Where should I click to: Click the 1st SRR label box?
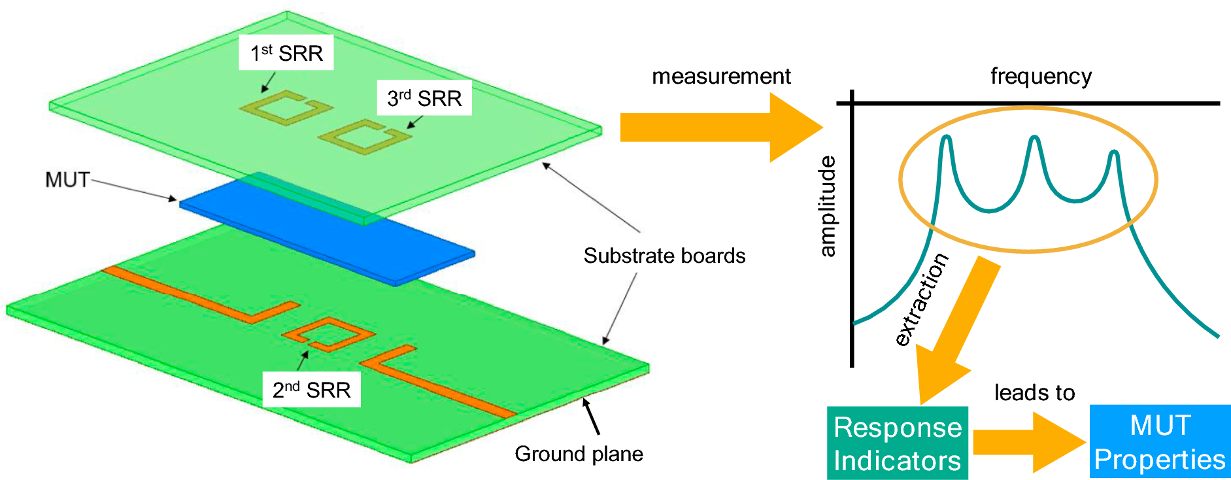[286, 53]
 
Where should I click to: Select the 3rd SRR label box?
[424, 98]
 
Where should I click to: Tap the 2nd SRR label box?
[311, 390]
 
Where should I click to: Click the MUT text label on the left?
[67, 180]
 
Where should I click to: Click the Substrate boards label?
[664, 256]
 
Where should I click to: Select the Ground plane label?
[579, 454]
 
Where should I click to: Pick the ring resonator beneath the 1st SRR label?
[286, 109]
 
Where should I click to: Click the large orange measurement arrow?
[719, 128]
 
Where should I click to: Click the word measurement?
[721, 77]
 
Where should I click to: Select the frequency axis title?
[1041, 77]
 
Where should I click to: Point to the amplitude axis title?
[828, 206]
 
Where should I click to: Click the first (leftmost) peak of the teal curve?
[946, 139]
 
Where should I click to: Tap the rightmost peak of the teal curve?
[1114, 154]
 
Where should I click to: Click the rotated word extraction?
[921, 299]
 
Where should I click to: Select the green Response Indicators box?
[897, 444]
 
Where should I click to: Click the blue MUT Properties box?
[1160, 443]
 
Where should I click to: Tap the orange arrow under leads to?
[1026, 443]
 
